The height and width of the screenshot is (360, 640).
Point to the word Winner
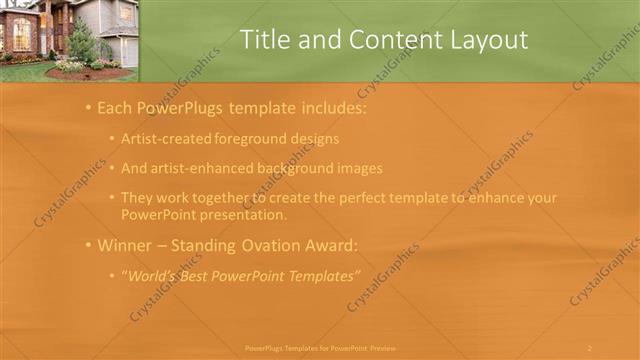coord(124,245)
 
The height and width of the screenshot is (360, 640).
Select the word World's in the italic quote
coord(152,274)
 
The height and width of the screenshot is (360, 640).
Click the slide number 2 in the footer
coord(590,348)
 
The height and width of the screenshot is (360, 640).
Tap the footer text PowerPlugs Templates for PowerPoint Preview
coord(320,348)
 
